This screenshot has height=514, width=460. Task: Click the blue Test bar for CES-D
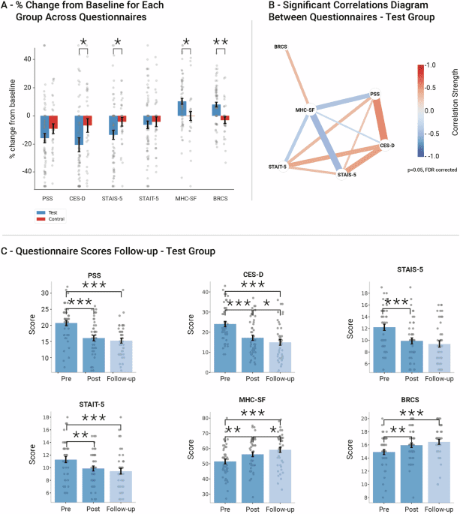[x=79, y=130]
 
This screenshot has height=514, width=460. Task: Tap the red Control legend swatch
[x=41, y=219]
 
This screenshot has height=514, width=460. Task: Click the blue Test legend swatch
[x=41, y=212]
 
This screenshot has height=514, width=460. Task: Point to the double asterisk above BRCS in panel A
[x=220, y=43]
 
